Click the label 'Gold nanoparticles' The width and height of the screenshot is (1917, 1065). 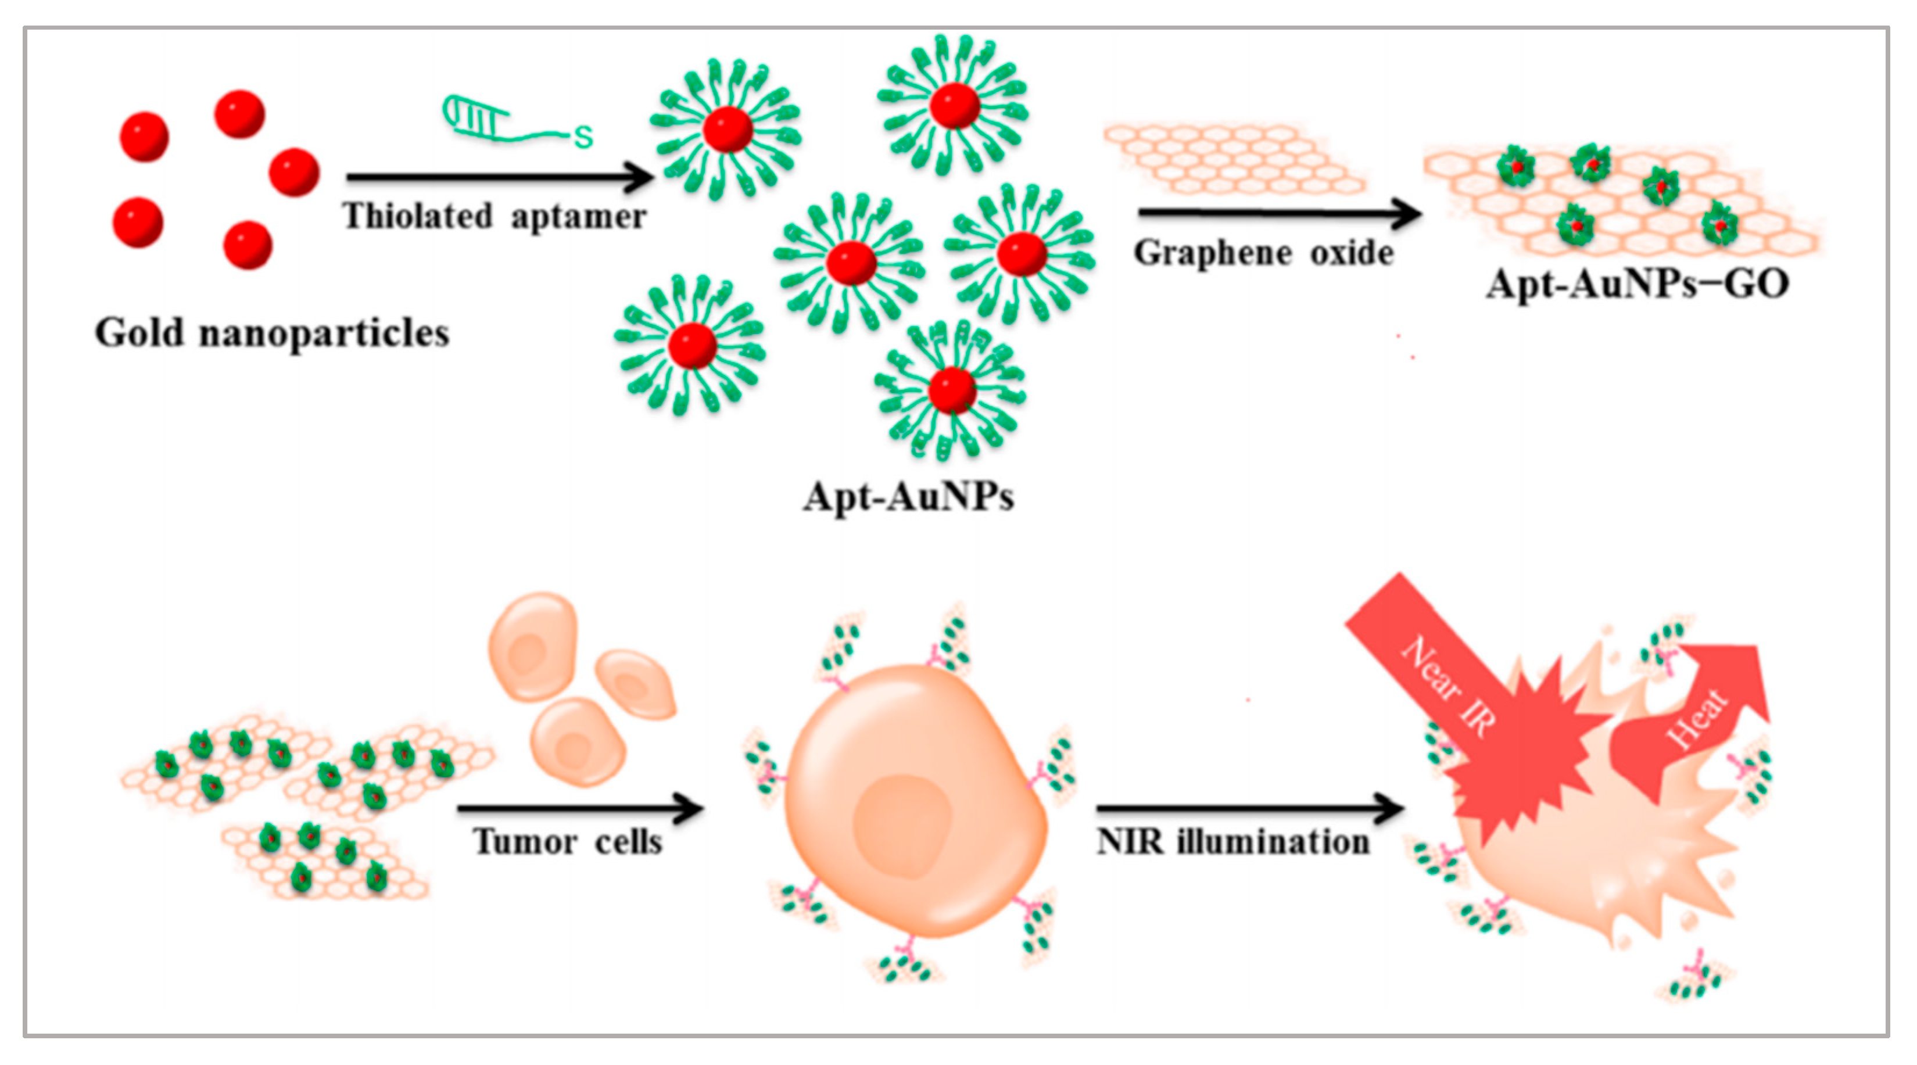click(271, 333)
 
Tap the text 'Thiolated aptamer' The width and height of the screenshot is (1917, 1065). click(494, 217)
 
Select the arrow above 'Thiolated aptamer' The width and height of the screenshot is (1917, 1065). click(499, 177)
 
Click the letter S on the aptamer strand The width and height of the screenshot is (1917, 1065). click(583, 137)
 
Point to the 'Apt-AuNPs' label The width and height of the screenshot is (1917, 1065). click(908, 496)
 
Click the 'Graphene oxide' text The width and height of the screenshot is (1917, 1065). click(1263, 253)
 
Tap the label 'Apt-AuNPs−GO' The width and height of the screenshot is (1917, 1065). click(1637, 284)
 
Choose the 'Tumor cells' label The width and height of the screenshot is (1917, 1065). click(567, 842)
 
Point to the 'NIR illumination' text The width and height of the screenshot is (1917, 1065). click(1233, 842)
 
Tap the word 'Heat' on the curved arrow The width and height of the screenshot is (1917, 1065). click(1697, 719)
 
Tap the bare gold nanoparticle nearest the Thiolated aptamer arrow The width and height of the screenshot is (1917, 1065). click(294, 172)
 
